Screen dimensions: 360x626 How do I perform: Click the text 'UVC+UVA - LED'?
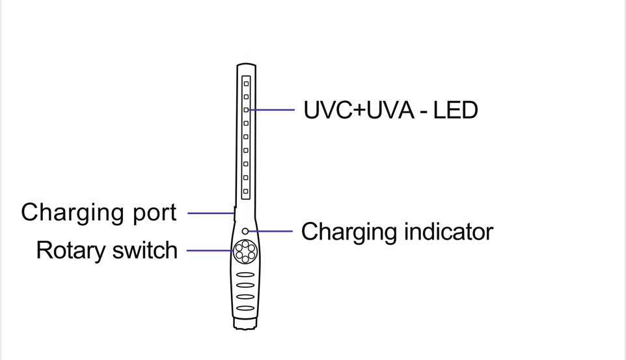[x=390, y=110]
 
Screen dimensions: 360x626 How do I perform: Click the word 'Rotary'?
[x=72, y=251]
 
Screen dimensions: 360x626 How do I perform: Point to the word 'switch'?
[x=146, y=250]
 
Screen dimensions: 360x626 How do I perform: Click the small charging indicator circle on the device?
[x=245, y=231]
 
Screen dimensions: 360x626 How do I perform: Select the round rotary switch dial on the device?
[x=245, y=251]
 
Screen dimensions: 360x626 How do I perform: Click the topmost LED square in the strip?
[x=246, y=83]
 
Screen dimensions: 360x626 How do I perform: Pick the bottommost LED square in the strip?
[x=246, y=191]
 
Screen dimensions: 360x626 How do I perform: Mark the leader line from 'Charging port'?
[x=210, y=213]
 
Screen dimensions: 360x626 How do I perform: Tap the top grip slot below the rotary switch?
[x=245, y=275]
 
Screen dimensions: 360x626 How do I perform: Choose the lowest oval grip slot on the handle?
[x=245, y=308]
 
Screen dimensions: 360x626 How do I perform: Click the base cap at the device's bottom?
[x=245, y=323]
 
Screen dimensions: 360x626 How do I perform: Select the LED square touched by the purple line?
[x=246, y=110]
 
